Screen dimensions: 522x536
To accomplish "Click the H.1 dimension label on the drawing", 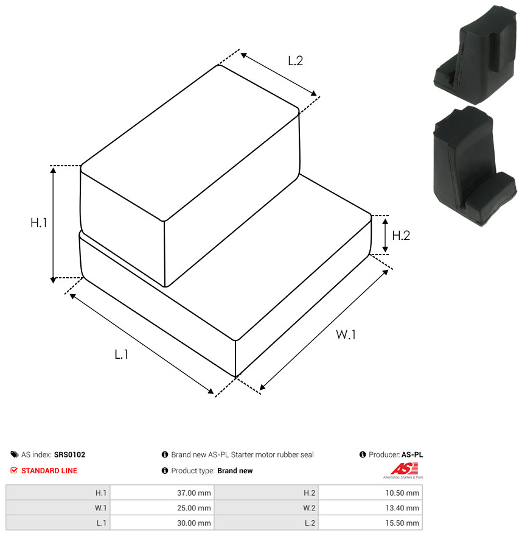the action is (38, 223).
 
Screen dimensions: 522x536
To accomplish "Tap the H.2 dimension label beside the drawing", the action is (401, 236).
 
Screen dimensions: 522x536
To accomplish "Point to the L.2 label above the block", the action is (295, 61).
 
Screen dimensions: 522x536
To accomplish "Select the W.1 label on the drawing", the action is (346, 334).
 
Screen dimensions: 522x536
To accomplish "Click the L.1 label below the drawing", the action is (121, 354).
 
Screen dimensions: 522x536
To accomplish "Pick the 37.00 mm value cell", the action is (162, 493).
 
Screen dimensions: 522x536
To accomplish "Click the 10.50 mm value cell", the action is (371, 493).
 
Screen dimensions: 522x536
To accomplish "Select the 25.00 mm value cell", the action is (162, 508).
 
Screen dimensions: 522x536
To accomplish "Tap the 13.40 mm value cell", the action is (371, 508).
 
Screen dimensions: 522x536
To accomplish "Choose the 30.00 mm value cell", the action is (162, 523).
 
